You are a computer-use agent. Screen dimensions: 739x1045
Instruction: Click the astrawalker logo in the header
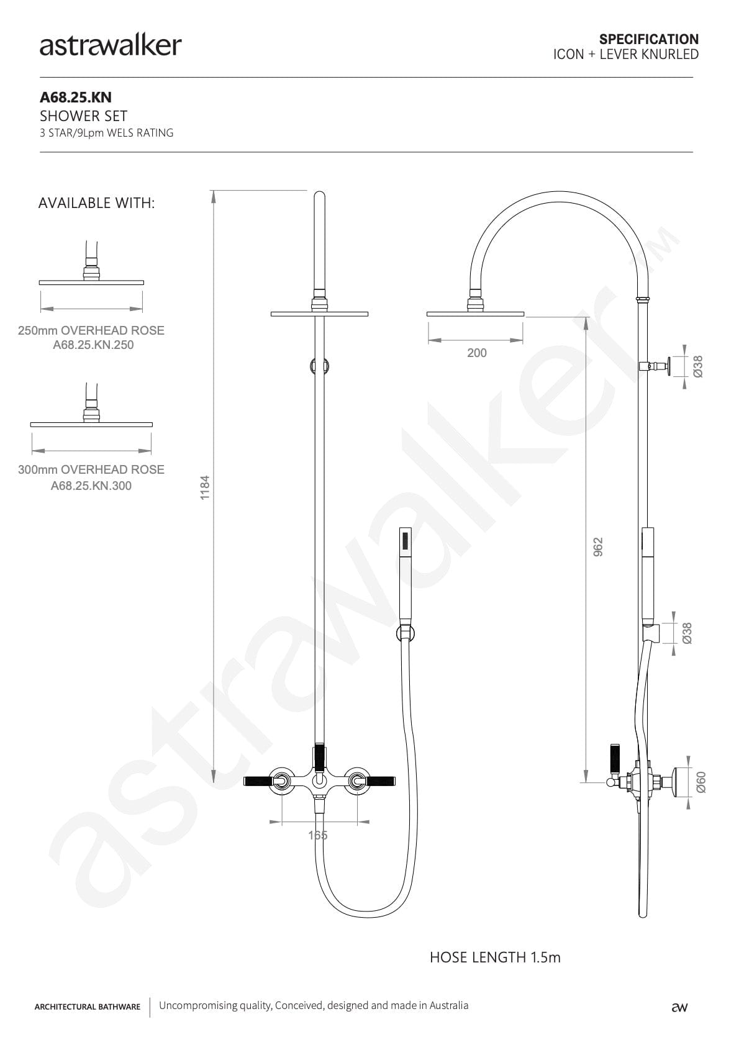(x=111, y=46)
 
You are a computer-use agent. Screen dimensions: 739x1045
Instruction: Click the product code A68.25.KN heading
(x=76, y=97)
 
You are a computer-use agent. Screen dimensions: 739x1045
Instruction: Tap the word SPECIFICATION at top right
(x=649, y=39)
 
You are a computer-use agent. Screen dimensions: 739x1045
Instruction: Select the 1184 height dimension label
(x=205, y=487)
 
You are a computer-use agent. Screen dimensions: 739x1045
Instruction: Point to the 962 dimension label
(x=598, y=547)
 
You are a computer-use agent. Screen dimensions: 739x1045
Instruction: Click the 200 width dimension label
(x=477, y=353)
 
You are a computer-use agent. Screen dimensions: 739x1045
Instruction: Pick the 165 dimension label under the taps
(x=318, y=835)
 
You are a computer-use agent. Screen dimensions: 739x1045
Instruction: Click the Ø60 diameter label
(x=700, y=782)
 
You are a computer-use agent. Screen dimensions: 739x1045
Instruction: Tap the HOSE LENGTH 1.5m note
(x=495, y=957)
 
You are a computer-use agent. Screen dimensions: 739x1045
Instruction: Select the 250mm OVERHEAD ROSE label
(x=91, y=330)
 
